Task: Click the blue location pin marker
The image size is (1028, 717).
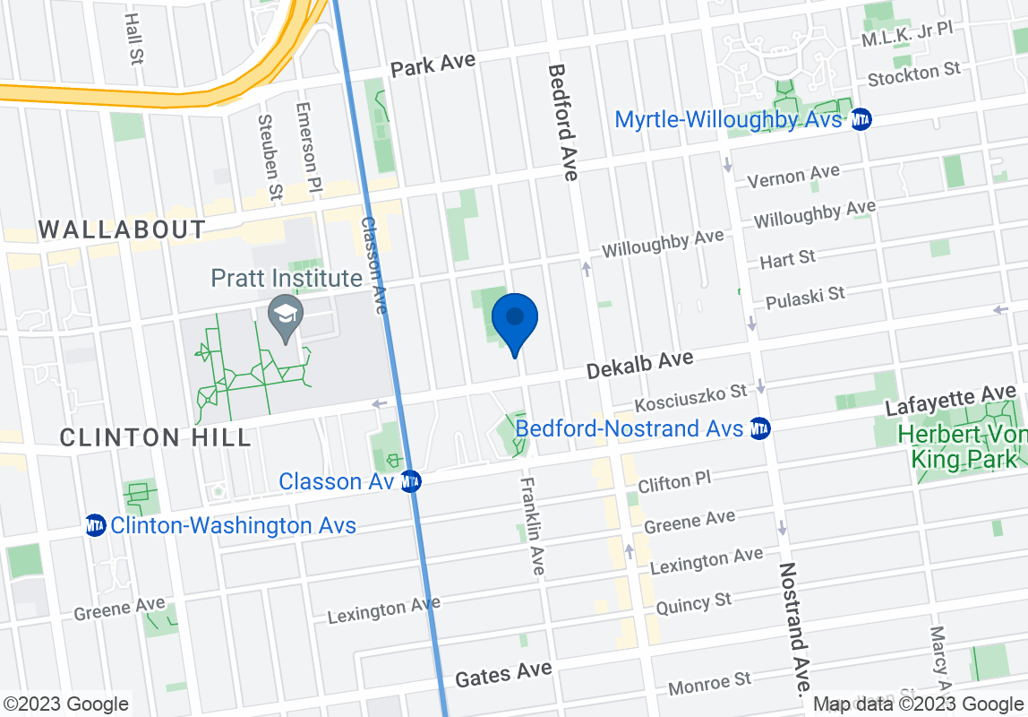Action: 515,324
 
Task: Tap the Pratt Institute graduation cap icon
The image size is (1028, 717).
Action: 286,316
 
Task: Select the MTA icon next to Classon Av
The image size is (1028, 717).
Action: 411,481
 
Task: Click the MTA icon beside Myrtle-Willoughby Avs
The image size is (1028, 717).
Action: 861,119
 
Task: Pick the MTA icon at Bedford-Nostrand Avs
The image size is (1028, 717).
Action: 760,428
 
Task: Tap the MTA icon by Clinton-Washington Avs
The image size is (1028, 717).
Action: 96,525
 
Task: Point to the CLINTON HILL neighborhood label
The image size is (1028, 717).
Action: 155,437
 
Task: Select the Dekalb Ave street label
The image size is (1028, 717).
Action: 639,364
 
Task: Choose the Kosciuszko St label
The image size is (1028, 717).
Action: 690,397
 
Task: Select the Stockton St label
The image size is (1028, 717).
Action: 914,75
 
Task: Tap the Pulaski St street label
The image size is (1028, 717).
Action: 805,297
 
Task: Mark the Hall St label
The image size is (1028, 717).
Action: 134,38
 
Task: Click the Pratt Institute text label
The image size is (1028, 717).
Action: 287,279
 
